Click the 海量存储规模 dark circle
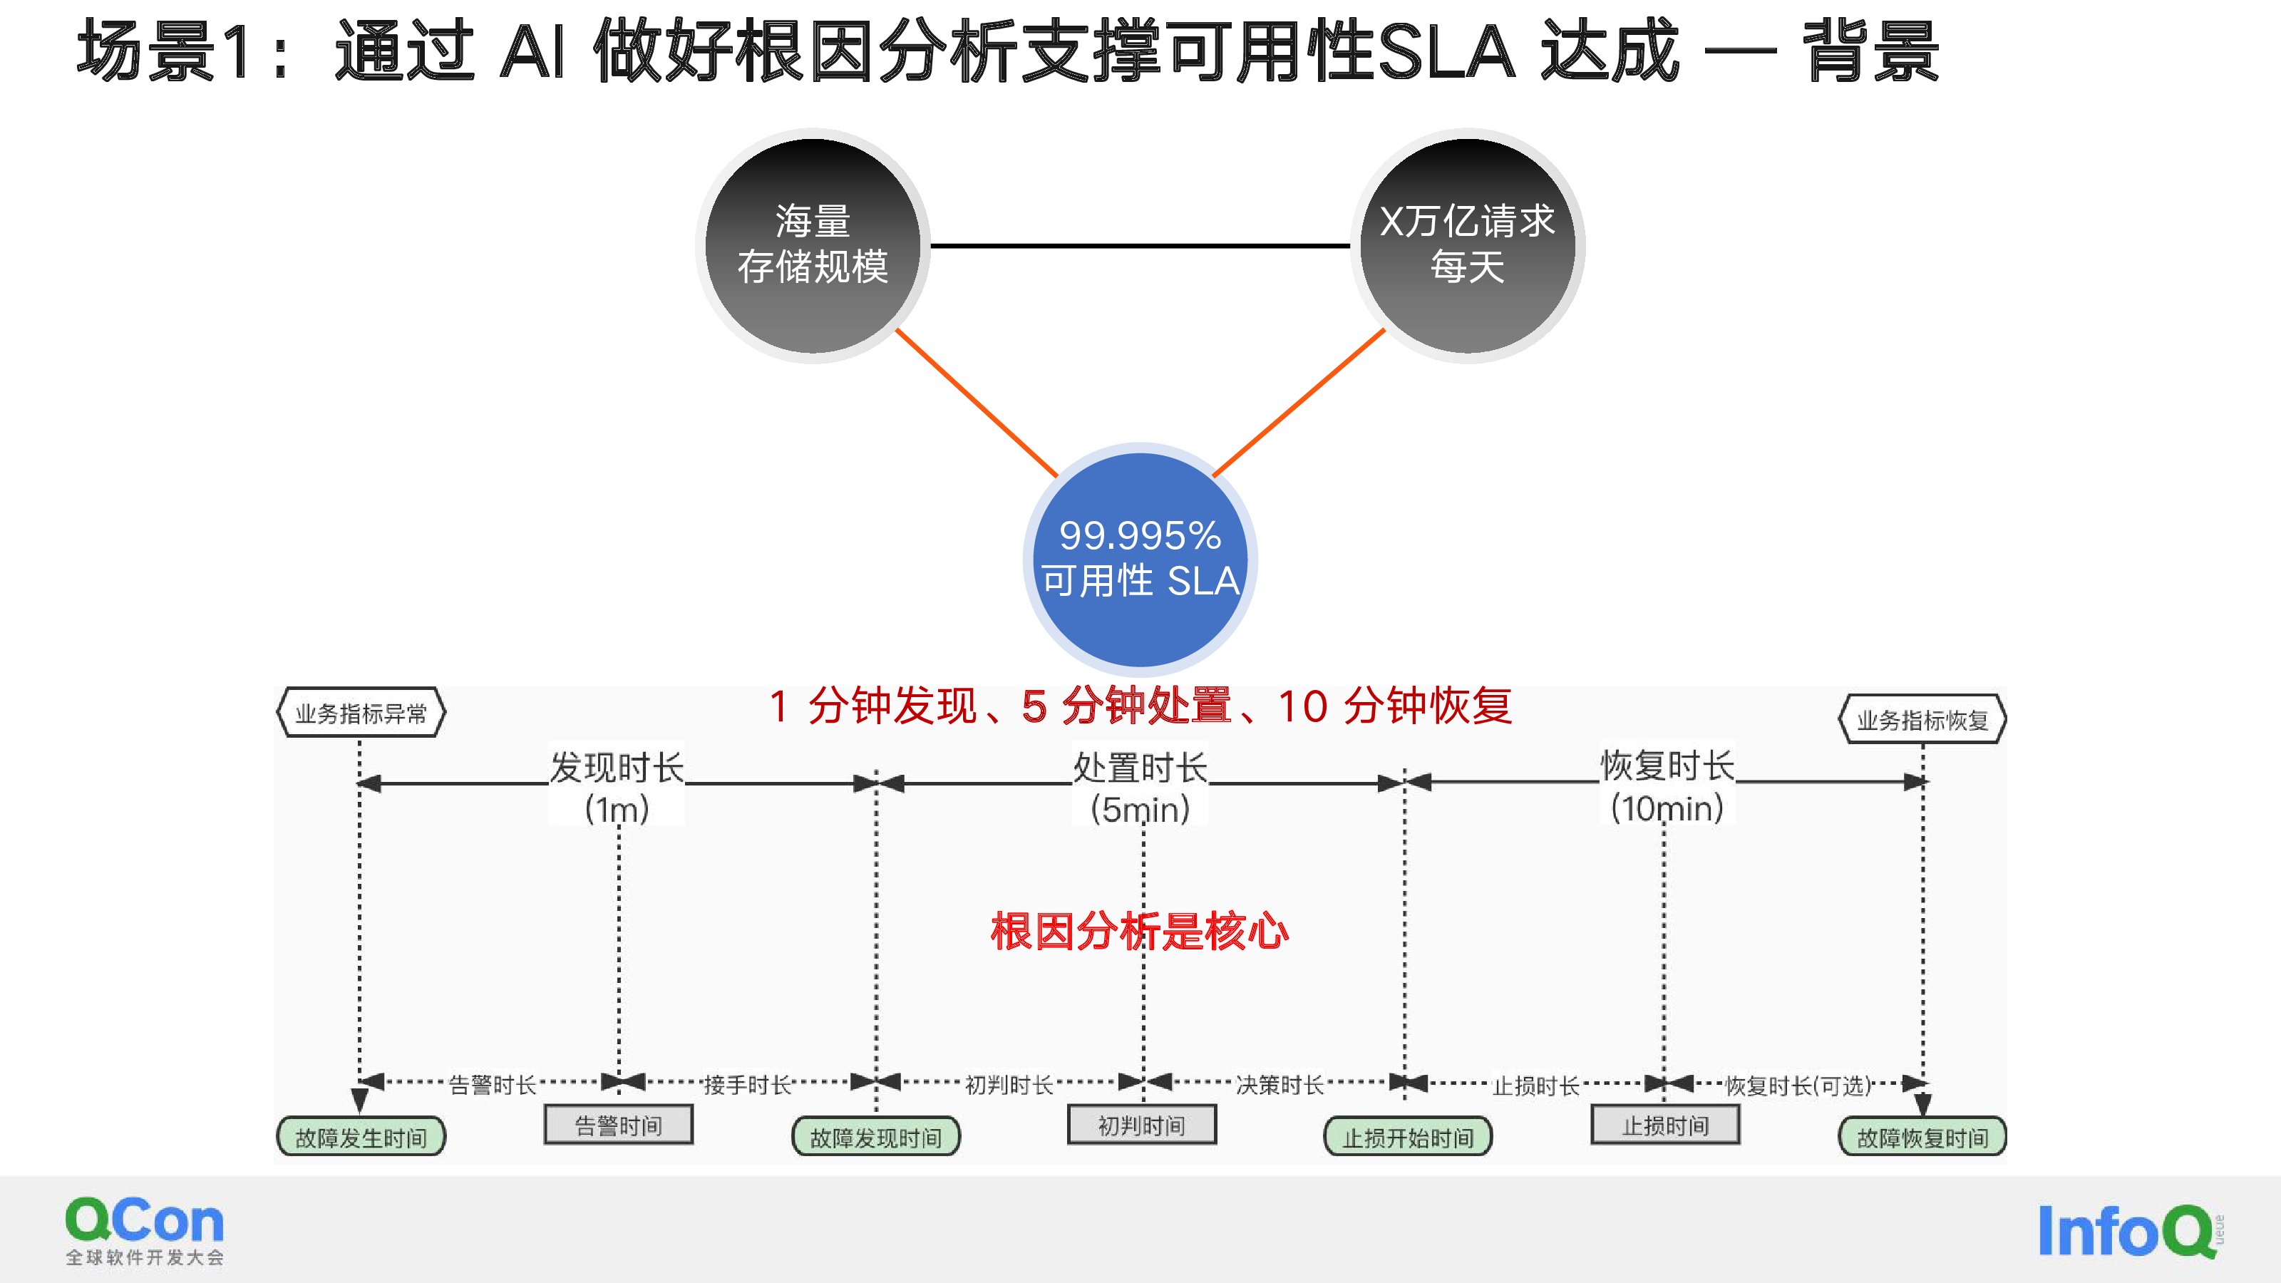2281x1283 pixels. [813, 245]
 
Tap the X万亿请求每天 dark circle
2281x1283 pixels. [1467, 245]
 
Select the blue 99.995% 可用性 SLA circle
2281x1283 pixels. [1140, 560]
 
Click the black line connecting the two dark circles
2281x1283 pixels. [1140, 245]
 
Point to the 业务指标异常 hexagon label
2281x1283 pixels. [361, 713]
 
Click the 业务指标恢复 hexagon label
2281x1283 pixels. [1922, 719]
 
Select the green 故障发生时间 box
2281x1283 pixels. [361, 1137]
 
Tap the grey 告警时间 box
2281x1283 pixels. [618, 1125]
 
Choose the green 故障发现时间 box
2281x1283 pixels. [876, 1137]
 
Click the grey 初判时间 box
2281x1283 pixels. [1141, 1125]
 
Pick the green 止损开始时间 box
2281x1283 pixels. [1408, 1137]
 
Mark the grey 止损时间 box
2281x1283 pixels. [1664, 1125]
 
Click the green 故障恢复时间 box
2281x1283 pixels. [1922, 1137]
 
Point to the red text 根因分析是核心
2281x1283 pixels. [1140, 932]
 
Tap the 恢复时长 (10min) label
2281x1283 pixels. [1667, 785]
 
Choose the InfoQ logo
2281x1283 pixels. [2131, 1231]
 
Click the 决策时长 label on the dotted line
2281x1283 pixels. [1279, 1085]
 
